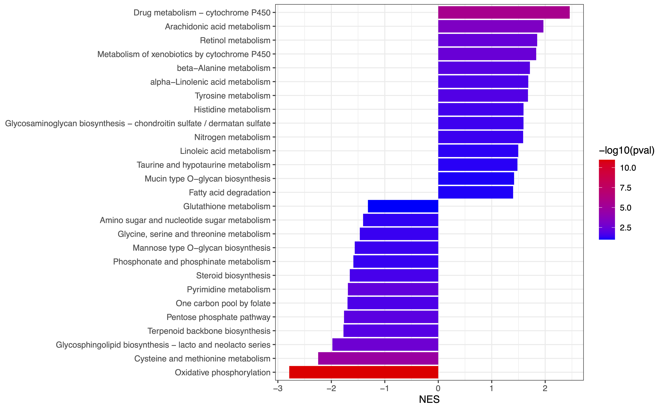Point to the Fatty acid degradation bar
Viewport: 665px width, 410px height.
coord(475,192)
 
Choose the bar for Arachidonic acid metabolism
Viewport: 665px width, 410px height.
coord(491,26)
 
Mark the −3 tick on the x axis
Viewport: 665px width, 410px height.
coord(278,388)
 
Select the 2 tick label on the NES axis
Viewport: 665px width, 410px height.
coord(545,388)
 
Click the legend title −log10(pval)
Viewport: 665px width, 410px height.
coord(626,150)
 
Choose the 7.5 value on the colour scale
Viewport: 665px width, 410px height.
coord(625,188)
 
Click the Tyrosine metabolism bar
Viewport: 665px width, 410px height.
coord(483,95)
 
